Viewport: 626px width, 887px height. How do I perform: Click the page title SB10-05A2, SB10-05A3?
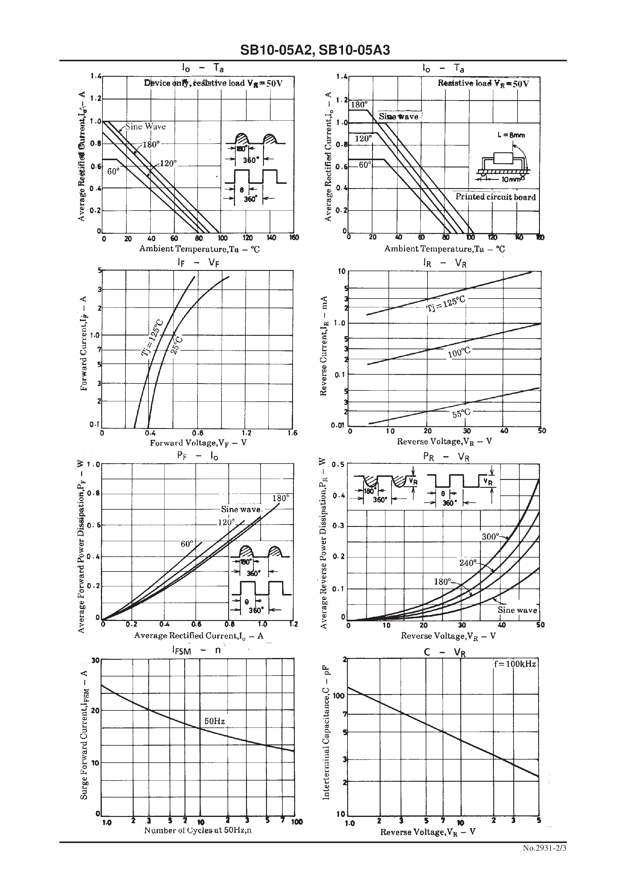[315, 50]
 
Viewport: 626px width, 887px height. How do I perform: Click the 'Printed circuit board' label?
[495, 197]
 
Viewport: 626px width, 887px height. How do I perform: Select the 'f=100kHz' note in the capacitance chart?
[515, 664]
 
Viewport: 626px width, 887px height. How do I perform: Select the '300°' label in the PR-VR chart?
[490, 537]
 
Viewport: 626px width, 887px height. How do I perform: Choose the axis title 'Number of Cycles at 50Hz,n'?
[198, 830]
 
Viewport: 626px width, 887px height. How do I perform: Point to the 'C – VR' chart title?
[445, 653]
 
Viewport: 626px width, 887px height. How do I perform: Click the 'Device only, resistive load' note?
[213, 83]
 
